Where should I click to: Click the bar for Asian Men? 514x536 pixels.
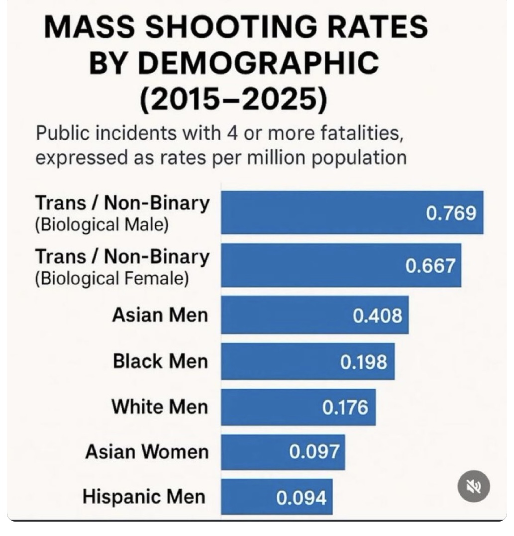279,315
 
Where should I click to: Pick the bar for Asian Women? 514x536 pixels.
249,452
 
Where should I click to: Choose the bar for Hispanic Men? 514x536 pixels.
244,497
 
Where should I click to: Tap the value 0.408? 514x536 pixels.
377,315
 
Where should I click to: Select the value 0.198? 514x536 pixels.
363,362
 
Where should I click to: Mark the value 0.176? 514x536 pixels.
345,408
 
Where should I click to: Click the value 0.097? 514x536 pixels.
314,452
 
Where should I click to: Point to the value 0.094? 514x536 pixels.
302,497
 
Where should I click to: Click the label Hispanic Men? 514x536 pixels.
144,497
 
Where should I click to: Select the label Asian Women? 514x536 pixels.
147,452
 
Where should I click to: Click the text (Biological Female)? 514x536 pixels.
111,278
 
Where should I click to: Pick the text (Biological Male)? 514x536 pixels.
102,224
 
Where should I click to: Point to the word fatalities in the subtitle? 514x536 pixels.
357,133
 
